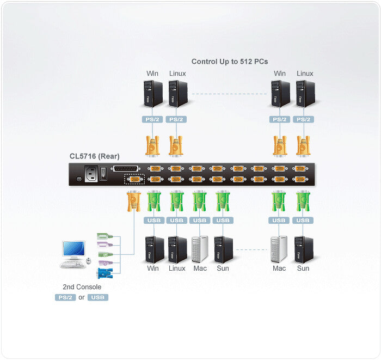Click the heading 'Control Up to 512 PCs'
click(x=229, y=61)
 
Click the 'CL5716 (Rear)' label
click(x=95, y=156)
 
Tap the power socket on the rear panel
click(x=89, y=174)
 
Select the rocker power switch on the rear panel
click(x=103, y=174)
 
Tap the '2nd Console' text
click(x=82, y=286)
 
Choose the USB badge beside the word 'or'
click(x=98, y=297)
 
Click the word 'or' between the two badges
click(x=82, y=297)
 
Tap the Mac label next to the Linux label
click(x=200, y=268)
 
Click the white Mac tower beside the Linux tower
click(x=200, y=249)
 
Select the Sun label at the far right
click(x=303, y=268)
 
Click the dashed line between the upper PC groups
click(x=229, y=94)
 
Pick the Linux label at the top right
click(x=305, y=74)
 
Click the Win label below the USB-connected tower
click(x=153, y=268)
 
